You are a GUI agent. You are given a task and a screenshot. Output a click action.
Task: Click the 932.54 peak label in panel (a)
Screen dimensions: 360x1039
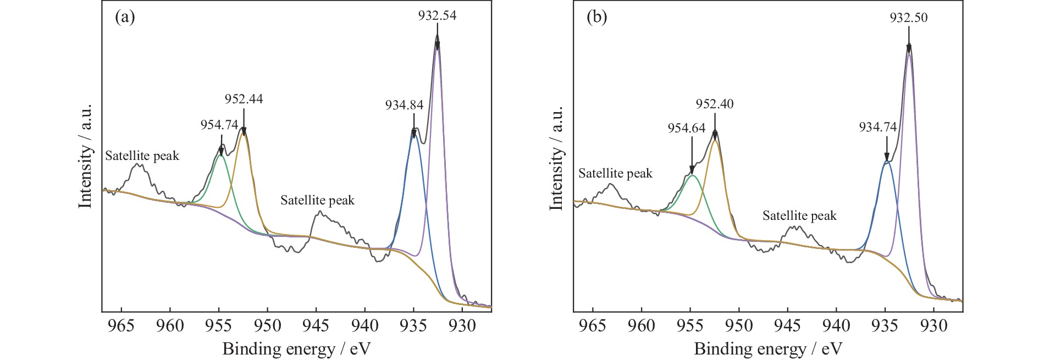[437, 15]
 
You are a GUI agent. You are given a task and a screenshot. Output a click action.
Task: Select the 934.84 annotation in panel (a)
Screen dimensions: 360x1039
[404, 105]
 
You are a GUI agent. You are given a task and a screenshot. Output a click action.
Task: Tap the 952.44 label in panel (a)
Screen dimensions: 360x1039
[244, 99]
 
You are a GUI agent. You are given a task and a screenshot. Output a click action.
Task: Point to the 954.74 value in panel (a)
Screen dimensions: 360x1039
[219, 125]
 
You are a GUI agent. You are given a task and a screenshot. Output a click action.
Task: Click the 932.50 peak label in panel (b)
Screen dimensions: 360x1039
[909, 18]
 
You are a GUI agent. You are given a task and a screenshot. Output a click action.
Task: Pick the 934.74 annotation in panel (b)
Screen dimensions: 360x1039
[878, 128]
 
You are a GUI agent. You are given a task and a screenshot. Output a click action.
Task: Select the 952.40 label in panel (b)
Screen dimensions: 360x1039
[715, 104]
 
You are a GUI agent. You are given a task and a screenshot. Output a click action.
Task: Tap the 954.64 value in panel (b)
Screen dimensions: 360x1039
[687, 128]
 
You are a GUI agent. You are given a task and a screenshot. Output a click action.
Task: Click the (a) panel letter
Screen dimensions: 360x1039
[125, 17]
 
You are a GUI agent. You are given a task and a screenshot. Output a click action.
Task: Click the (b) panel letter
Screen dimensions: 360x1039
[596, 17]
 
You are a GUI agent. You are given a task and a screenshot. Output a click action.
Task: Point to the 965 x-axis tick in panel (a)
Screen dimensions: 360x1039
[121, 326]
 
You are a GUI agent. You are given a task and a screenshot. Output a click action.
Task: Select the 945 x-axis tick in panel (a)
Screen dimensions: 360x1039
[316, 326]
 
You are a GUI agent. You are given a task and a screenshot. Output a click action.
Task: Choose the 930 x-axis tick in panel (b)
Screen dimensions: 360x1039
[933, 326]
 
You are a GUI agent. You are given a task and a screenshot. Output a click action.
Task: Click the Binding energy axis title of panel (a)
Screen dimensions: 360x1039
[296, 348]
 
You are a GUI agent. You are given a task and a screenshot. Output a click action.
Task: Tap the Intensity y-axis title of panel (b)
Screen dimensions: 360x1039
[557, 158]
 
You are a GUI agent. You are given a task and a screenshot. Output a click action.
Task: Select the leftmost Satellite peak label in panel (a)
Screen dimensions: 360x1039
[142, 156]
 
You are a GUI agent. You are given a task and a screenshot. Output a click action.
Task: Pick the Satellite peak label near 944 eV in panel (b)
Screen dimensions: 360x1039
[799, 216]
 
